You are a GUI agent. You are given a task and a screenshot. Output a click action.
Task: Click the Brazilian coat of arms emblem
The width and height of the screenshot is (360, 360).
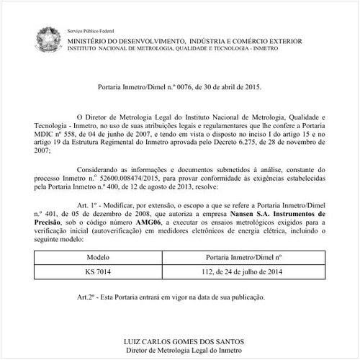click(x=49, y=36)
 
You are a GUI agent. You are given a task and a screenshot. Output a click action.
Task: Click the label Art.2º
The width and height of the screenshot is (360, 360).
click(x=87, y=297)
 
